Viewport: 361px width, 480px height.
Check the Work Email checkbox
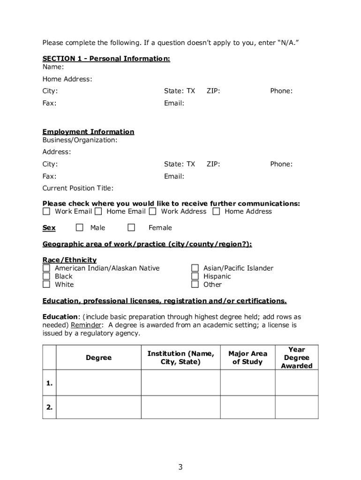46,211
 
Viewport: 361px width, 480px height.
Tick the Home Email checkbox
98,211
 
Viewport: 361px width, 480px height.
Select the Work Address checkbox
153,211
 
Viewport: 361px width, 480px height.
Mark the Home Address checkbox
216,211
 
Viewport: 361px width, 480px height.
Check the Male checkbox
80,228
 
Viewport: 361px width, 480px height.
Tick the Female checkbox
131,228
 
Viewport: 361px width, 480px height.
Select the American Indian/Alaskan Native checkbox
46,268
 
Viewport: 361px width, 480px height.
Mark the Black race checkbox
46,276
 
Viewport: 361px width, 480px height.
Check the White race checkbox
46,284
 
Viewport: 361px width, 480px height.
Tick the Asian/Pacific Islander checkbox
195,268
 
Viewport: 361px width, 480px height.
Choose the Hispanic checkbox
195,276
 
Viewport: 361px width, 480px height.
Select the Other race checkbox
195,284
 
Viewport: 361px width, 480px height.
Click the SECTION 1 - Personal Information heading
106,59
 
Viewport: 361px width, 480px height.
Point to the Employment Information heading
88,132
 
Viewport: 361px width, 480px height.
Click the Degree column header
98,358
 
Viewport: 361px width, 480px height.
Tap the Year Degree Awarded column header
296,358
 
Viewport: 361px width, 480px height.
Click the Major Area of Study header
248,358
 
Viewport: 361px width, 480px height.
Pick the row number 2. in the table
49,407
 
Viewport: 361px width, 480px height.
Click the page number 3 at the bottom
180,467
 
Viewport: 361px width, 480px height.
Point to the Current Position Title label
78,188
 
